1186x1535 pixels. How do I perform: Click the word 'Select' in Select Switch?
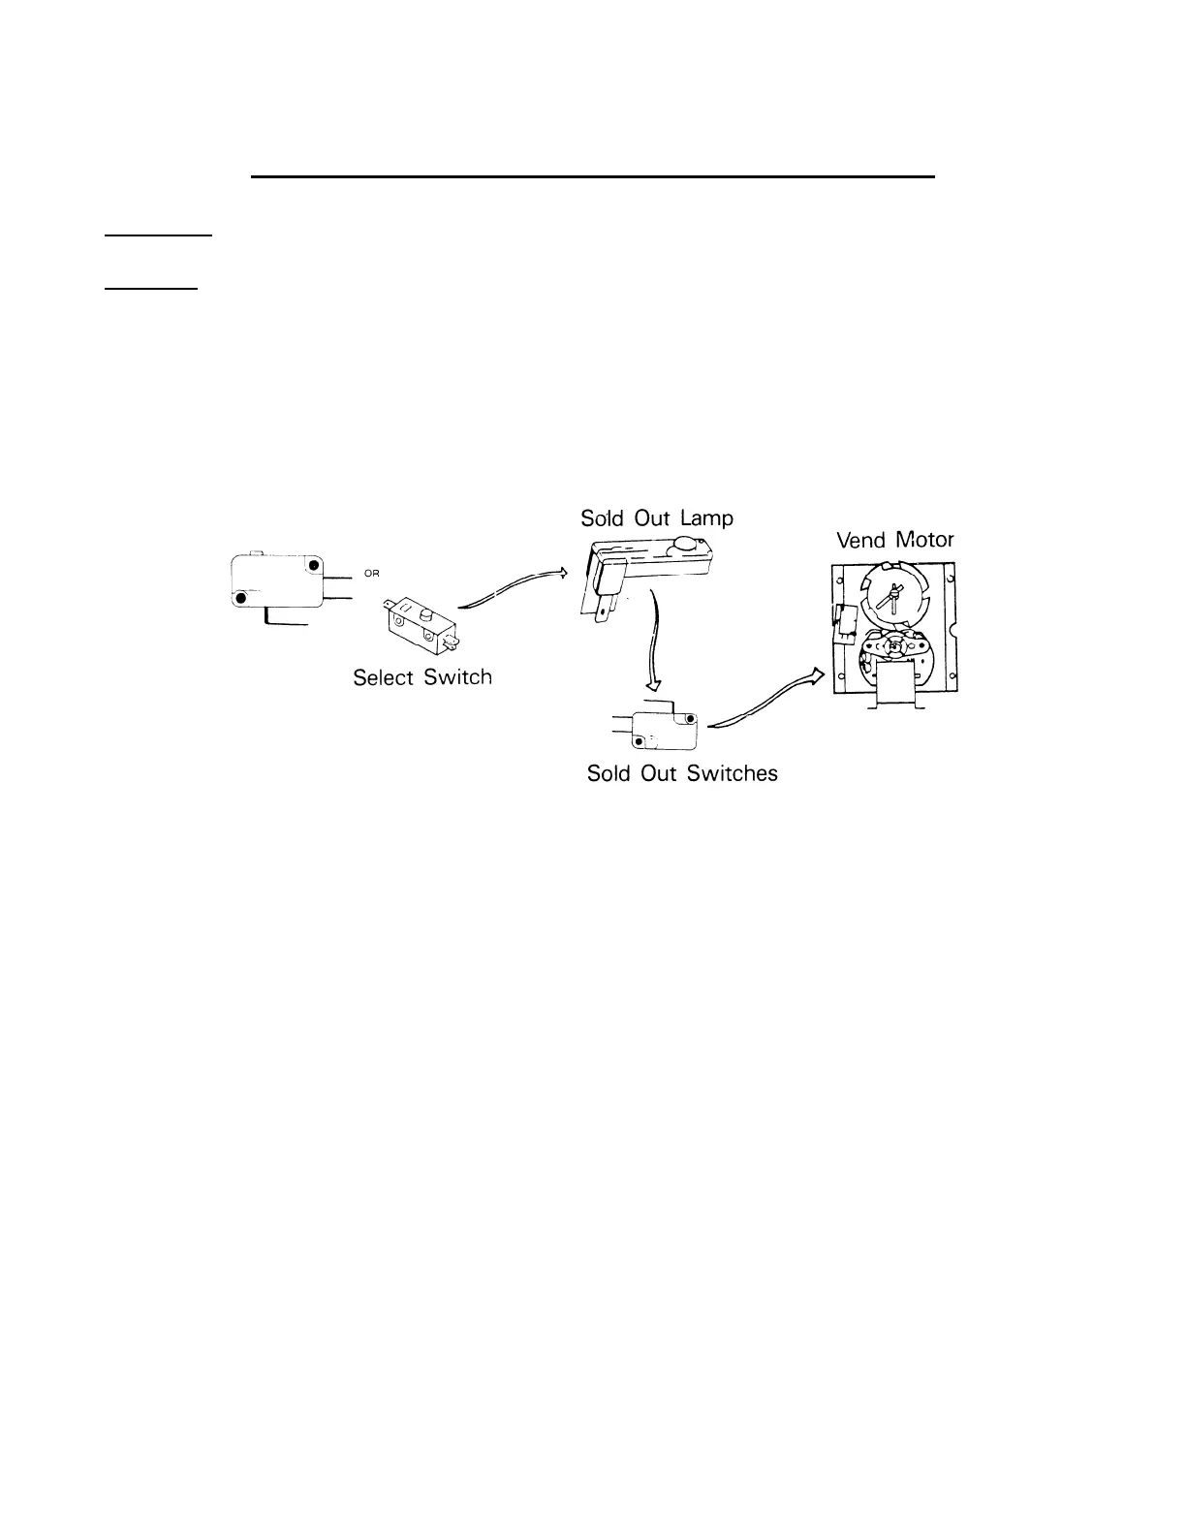384,677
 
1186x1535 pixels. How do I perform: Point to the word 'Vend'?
862,541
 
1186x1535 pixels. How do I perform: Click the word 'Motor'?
924,540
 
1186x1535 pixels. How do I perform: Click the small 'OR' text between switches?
372,574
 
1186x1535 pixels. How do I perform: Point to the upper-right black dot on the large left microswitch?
312,565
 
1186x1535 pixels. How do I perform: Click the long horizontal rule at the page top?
592,177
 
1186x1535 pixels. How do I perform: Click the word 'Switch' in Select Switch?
457,677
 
